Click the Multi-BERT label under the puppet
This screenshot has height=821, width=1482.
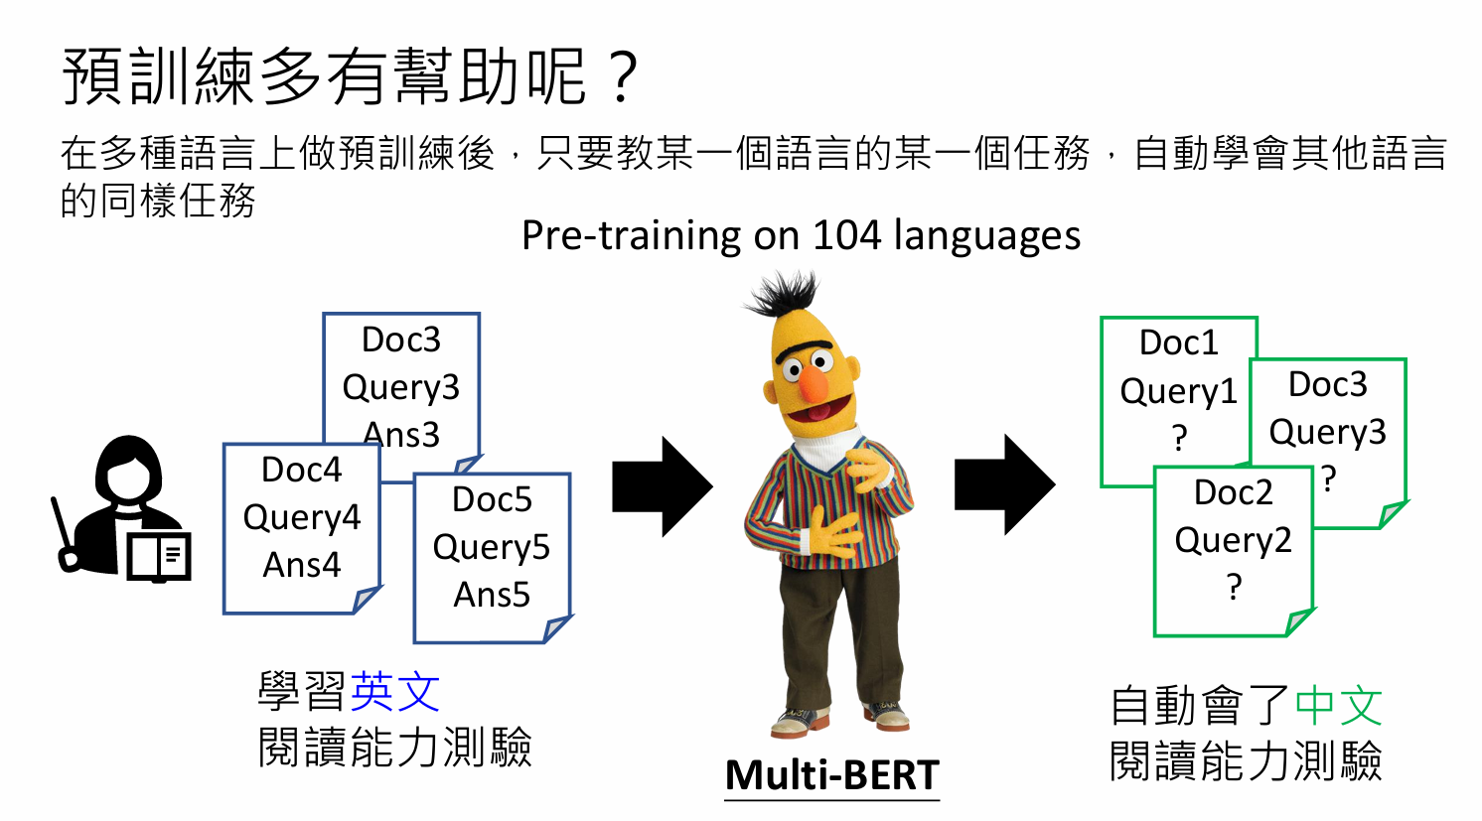point(832,774)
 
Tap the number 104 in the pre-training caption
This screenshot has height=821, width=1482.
point(847,234)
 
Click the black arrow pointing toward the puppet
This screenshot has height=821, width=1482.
point(663,486)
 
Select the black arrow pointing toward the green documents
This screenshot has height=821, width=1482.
point(1004,484)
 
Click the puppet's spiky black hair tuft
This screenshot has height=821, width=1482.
point(784,293)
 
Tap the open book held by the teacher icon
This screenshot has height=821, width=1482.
point(159,557)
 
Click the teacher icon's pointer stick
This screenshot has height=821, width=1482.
point(65,533)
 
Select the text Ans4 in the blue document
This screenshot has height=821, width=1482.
point(302,565)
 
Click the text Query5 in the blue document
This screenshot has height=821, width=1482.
point(492,547)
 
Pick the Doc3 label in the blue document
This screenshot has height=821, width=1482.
point(401,340)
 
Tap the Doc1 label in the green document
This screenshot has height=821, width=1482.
point(1178,342)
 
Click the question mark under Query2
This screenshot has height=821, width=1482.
point(1234,587)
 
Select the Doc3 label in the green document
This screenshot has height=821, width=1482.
point(1328,384)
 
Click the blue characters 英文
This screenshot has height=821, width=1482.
point(395,691)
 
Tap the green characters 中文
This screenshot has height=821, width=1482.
point(1338,705)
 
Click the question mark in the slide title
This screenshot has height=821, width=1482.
point(621,78)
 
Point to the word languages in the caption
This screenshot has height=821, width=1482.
point(987,236)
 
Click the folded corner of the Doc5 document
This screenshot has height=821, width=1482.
point(557,628)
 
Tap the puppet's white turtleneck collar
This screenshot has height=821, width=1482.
point(827,450)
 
